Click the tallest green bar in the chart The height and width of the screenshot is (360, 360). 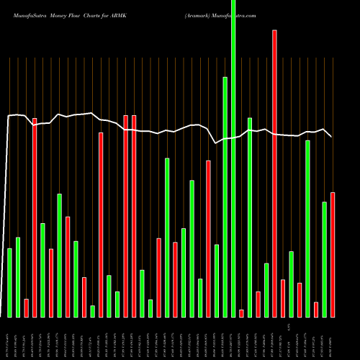(x=233, y=158)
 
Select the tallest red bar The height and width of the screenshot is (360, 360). (x=274, y=173)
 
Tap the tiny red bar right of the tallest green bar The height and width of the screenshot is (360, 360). (x=241, y=312)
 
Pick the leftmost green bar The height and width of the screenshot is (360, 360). (x=9, y=282)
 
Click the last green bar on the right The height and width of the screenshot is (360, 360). (x=324, y=259)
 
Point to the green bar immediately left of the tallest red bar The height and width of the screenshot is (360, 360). (x=266, y=289)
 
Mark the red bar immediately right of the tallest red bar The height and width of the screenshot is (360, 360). (x=283, y=297)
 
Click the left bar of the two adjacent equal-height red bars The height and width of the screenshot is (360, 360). (x=125, y=216)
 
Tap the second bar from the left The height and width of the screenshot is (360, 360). (x=18, y=276)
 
